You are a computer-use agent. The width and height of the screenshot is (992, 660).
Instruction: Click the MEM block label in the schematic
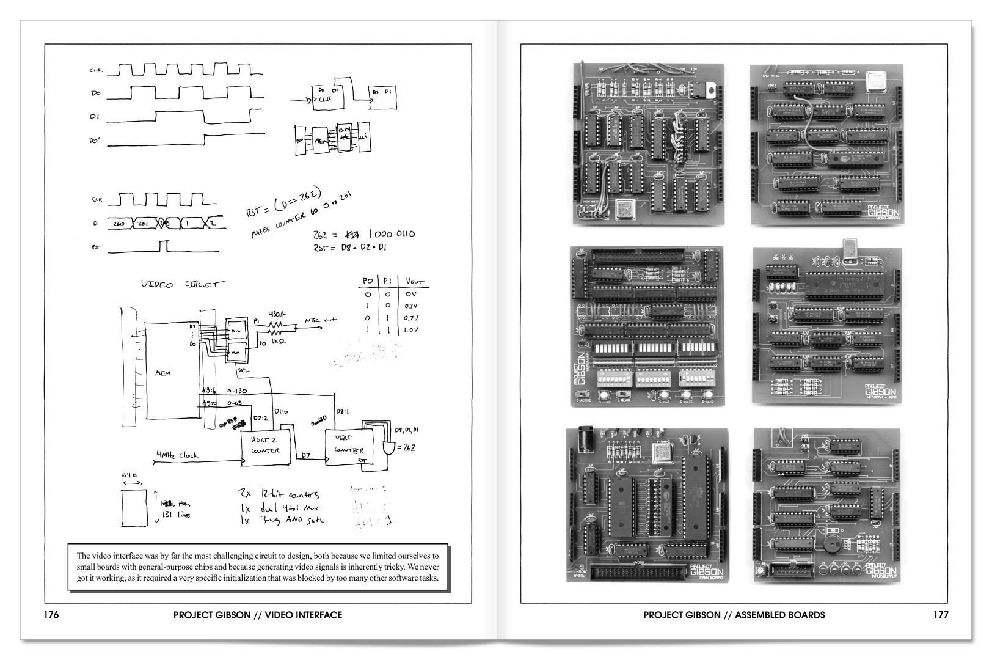point(163,373)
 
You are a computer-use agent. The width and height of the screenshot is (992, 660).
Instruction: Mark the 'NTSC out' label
point(322,320)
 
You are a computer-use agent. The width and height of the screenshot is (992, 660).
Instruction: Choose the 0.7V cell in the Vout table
point(410,318)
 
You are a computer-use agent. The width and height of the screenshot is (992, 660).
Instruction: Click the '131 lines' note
point(176,515)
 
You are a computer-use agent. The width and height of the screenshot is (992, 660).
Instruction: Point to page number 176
point(51,615)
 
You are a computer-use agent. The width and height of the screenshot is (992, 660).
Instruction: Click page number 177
point(941,615)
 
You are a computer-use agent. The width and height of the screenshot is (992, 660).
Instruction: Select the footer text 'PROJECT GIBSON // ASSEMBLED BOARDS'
point(734,615)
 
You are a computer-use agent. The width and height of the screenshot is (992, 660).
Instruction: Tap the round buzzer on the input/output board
point(830,545)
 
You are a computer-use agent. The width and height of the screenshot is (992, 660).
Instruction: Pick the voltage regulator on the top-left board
point(696,89)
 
